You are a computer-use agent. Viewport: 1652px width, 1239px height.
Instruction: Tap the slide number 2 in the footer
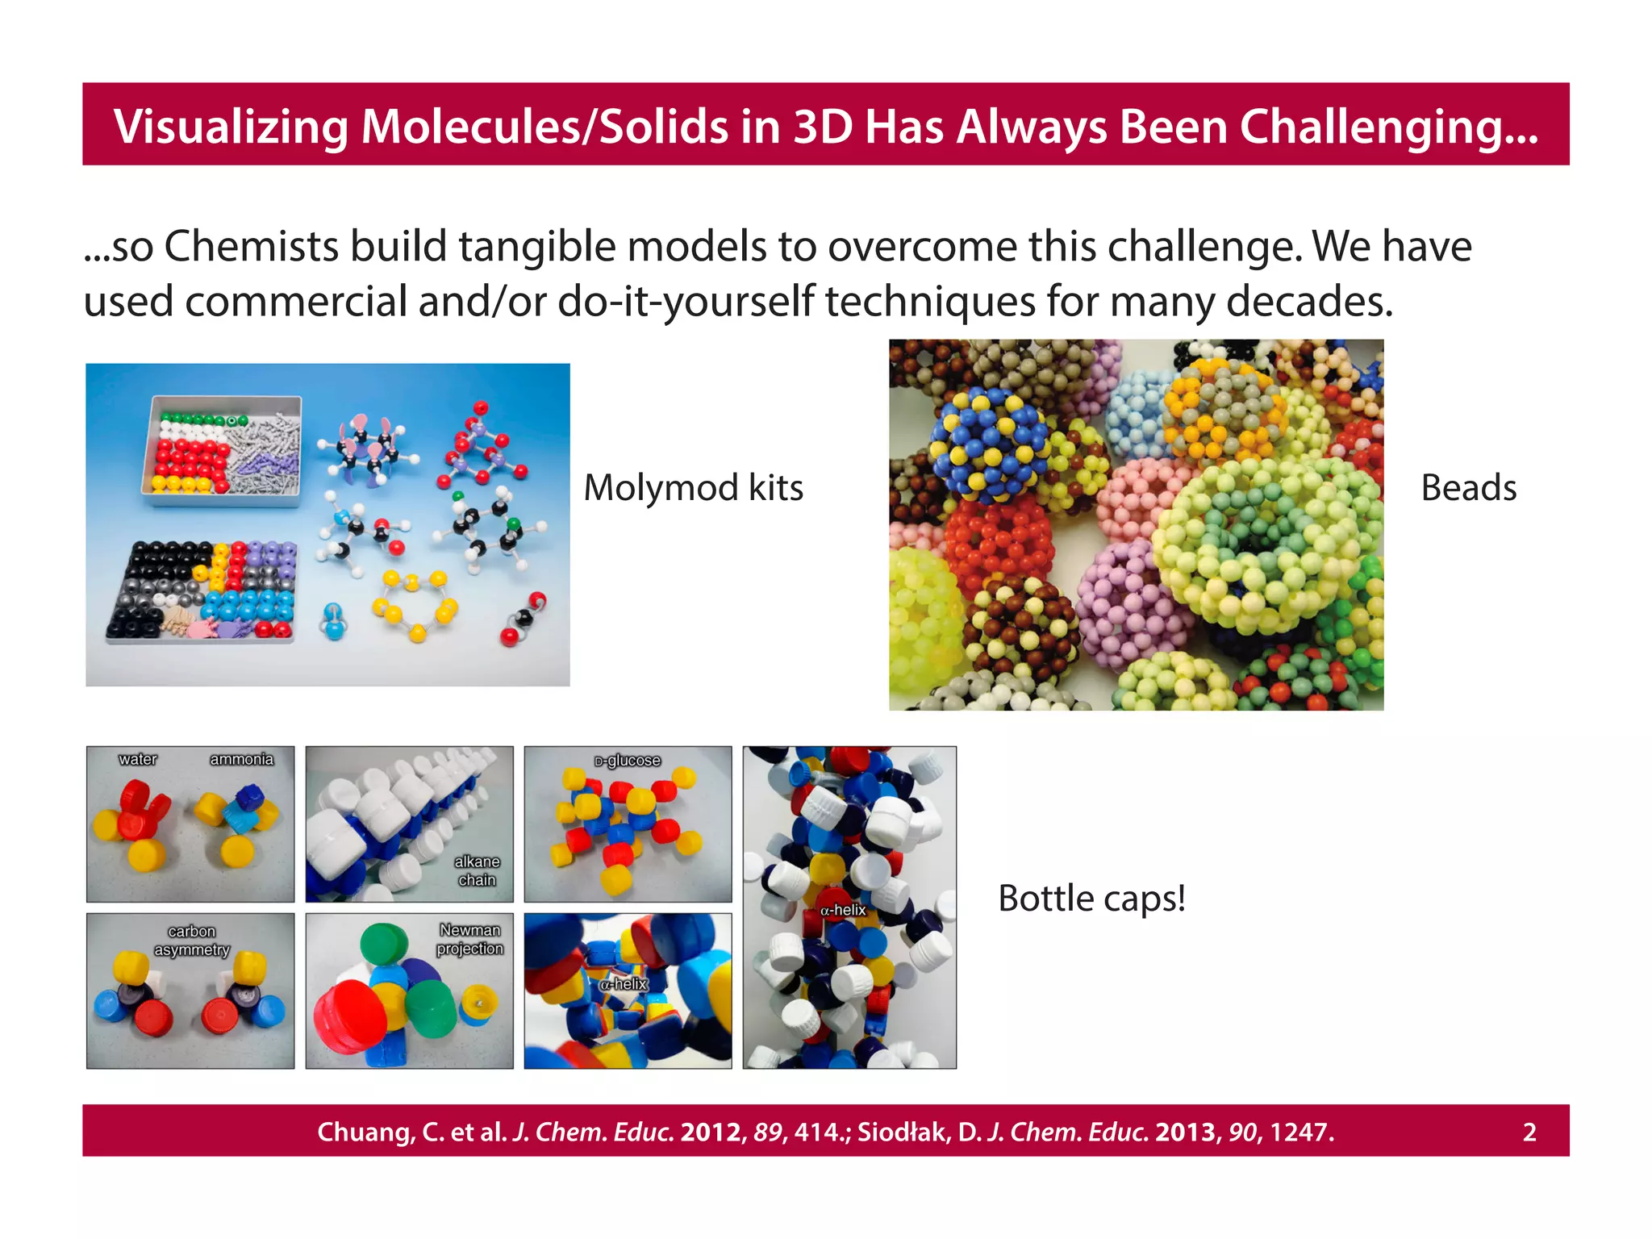coord(1529,1133)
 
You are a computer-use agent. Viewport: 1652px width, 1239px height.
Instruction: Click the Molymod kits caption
coord(693,488)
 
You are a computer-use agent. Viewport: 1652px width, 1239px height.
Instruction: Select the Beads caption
coord(1468,488)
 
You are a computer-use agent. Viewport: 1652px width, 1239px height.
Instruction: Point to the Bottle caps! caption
coord(1091,898)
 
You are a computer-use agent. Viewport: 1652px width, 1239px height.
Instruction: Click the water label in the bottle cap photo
coord(138,759)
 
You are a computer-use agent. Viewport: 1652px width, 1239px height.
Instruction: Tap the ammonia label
coord(241,759)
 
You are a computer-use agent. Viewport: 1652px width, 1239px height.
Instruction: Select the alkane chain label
coord(478,871)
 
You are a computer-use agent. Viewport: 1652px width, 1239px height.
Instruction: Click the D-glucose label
coord(628,761)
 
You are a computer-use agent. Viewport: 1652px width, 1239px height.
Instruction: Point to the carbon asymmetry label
coord(192,941)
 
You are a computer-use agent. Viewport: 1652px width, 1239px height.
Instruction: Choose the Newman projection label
coord(470,940)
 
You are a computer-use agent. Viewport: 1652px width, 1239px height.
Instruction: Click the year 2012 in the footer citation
coord(711,1133)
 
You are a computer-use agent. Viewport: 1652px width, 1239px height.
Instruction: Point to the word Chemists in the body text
coord(251,246)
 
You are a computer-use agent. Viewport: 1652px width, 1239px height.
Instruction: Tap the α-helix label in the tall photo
coord(843,910)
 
